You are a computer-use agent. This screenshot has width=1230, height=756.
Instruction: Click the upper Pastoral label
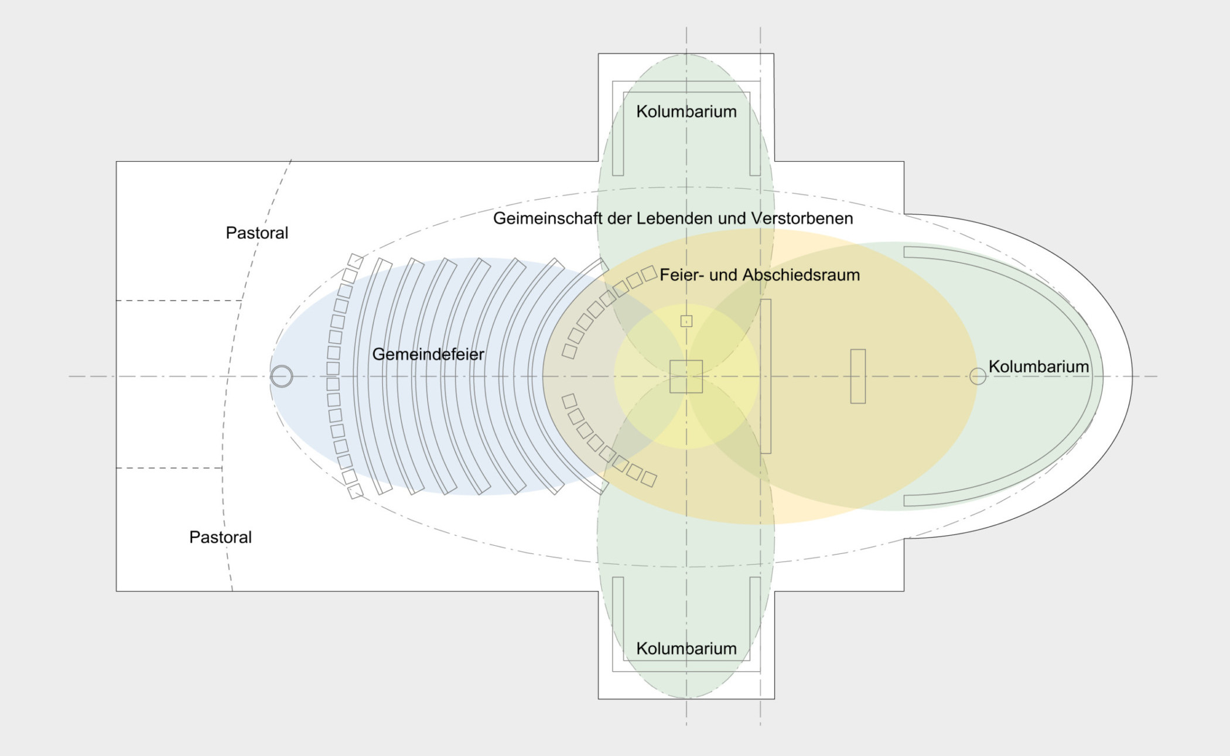(x=257, y=233)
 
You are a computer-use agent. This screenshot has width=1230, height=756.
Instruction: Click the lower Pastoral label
(x=220, y=538)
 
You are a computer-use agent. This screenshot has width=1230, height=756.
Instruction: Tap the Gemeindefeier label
(x=428, y=354)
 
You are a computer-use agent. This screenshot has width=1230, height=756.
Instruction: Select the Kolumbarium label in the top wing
(x=686, y=112)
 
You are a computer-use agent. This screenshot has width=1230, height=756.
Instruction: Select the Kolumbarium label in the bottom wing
(x=686, y=649)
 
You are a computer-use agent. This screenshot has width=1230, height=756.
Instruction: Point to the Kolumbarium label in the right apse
(x=1038, y=367)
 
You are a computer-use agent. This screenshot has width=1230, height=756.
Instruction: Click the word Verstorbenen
(x=802, y=218)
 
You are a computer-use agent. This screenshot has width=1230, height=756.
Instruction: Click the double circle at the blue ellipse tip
(x=282, y=376)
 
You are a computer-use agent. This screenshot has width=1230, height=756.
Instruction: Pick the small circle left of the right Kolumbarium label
(x=978, y=376)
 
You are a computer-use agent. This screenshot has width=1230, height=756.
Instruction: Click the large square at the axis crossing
(x=686, y=377)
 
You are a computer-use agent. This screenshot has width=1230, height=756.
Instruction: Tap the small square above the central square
(x=686, y=321)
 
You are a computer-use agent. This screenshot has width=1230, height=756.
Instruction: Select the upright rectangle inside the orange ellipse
(x=858, y=376)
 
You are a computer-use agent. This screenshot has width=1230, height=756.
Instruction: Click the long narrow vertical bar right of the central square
(x=766, y=376)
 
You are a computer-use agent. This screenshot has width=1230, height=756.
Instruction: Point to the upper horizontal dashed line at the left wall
(x=179, y=300)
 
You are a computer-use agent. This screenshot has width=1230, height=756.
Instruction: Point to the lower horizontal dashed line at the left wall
(x=169, y=468)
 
